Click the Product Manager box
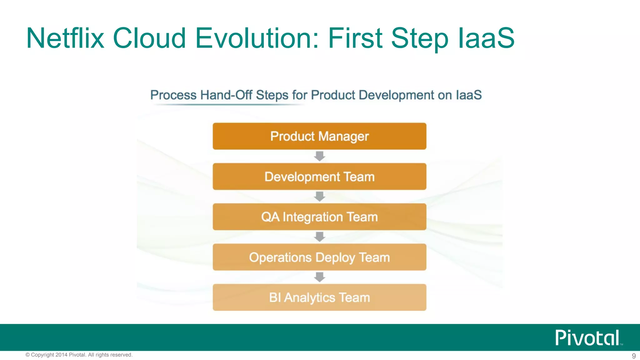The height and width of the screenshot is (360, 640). pos(319,136)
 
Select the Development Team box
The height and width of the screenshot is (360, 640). pos(319,177)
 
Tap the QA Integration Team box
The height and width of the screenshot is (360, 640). pos(319,217)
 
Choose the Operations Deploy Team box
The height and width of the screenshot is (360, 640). pos(319,257)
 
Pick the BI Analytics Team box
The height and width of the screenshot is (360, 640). pos(319,297)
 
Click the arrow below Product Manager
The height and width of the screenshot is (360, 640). pos(319,156)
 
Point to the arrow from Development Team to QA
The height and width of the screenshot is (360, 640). pos(319,197)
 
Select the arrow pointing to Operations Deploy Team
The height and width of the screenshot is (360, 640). pos(319,237)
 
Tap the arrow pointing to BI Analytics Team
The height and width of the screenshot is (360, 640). pos(319,277)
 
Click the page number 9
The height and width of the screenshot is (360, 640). pos(634,356)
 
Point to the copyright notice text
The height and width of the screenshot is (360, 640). pos(79,355)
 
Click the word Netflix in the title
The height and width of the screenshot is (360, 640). pos(65,38)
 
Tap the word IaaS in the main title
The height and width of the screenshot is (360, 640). pos(486,38)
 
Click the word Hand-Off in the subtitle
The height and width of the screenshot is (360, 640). pos(226,95)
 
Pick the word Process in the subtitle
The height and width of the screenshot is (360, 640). pos(173,95)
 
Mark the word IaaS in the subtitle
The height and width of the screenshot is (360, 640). pos(468,95)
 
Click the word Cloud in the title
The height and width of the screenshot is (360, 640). pos(149,38)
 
